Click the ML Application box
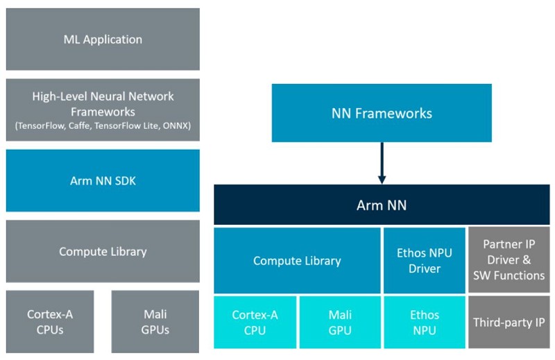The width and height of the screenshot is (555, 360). tap(103, 40)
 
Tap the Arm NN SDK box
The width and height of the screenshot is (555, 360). tap(103, 180)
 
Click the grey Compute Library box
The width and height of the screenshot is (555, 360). tap(103, 251)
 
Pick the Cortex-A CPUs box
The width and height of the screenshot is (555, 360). tap(50, 321)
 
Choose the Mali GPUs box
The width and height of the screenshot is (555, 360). tap(155, 321)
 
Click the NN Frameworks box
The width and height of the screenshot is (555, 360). tap(382, 113)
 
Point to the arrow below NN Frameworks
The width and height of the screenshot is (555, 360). tap(382, 164)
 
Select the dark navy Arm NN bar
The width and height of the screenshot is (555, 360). tap(382, 205)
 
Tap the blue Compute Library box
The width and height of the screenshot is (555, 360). tap(297, 261)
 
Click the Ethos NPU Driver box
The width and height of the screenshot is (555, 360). tap(425, 261)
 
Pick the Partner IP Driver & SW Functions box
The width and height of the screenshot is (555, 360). tap(509, 261)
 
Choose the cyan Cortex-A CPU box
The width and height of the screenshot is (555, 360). tap(255, 323)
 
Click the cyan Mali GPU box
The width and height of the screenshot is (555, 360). tap(340, 323)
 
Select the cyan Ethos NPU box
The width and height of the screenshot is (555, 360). tap(425, 323)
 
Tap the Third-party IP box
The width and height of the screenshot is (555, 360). tap(509, 323)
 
